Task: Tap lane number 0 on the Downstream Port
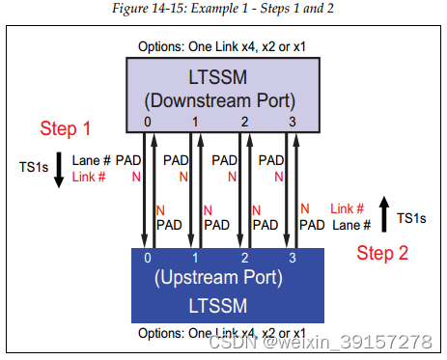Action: [148, 123]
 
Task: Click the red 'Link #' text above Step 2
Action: [347, 208]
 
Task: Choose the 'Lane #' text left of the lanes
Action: [92, 160]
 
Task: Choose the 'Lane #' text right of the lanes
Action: [352, 224]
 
